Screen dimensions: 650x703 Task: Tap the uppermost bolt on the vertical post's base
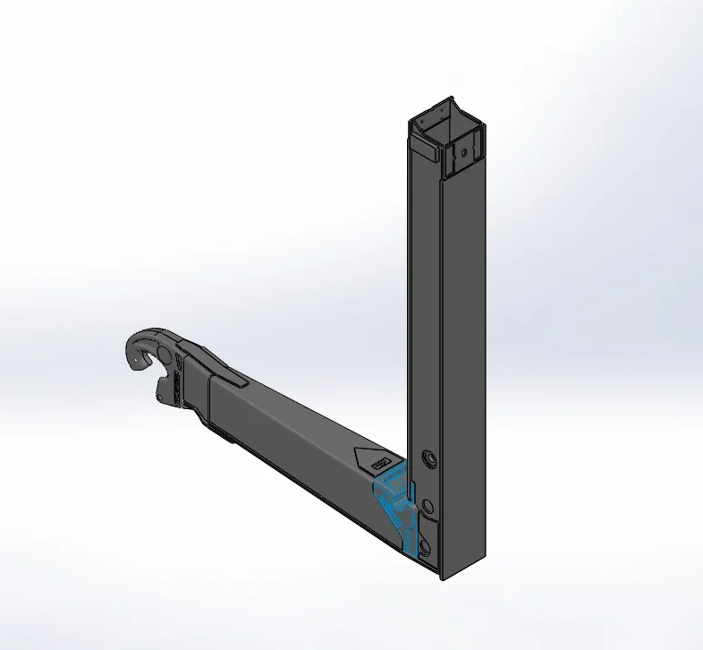coord(430,459)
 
